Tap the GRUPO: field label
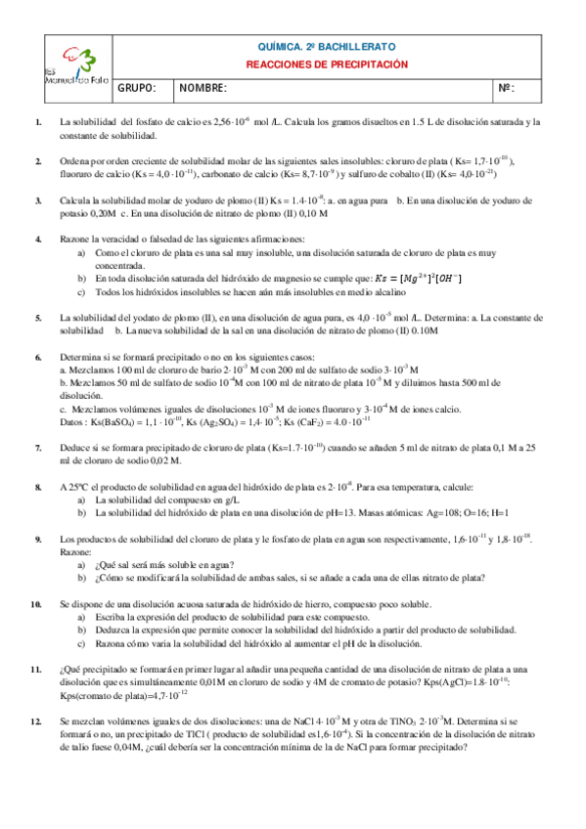[137, 89]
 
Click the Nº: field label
[506, 89]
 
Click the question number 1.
[37, 122]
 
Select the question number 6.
[37, 358]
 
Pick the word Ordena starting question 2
[74, 161]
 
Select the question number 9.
[37, 539]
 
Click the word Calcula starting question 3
[75, 200]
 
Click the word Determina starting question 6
[81, 358]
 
